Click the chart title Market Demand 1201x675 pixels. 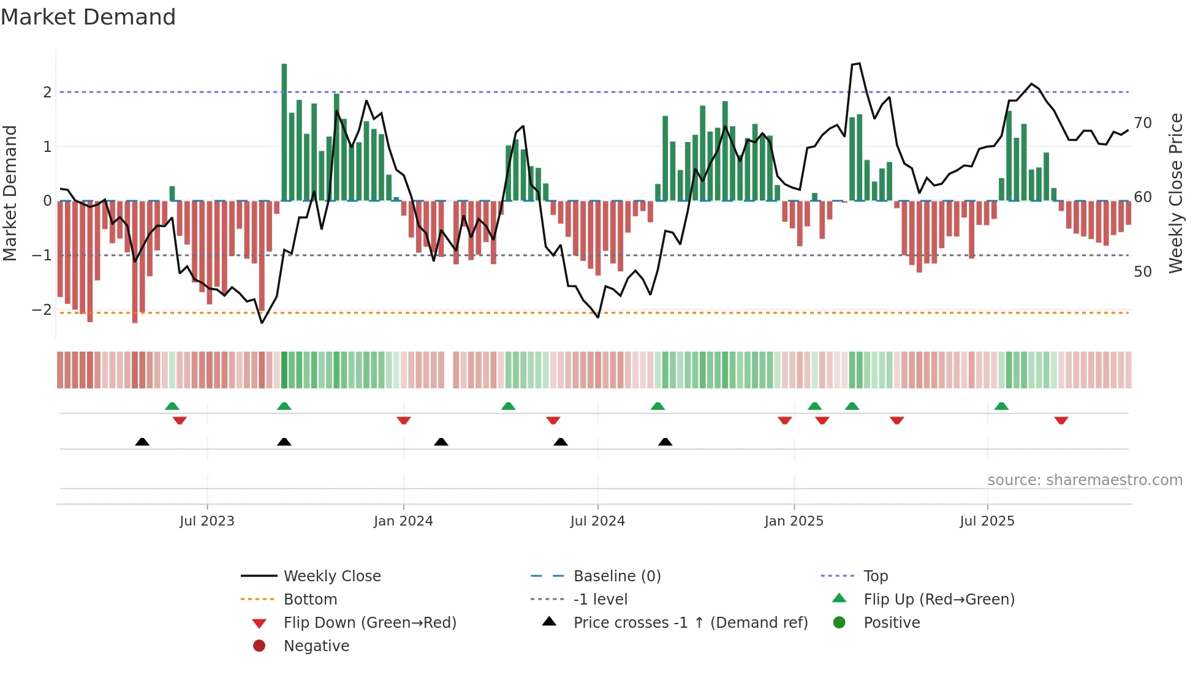point(88,17)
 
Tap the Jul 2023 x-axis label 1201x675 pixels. point(207,521)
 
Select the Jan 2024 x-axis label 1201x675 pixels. point(403,521)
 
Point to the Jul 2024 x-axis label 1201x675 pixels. point(597,521)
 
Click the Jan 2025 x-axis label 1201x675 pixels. point(794,521)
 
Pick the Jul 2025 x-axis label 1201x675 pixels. point(987,521)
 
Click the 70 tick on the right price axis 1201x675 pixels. point(1143,123)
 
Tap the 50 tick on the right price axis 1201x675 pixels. point(1143,271)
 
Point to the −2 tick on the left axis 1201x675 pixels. point(42,309)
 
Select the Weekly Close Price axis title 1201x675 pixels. point(1175,193)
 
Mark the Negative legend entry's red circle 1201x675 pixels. point(259,646)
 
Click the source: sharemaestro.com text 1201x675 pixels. point(1085,480)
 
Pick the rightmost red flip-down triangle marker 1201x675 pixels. point(1061,421)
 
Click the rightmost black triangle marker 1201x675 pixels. point(665,442)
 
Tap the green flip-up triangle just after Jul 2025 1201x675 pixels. point(1001,406)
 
